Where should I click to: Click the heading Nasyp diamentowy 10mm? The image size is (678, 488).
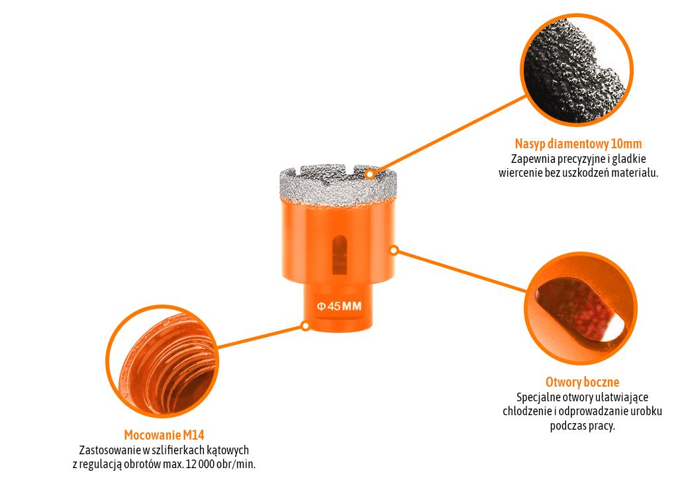578,144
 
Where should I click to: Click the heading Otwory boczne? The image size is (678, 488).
582,382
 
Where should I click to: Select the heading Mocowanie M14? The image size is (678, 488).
164,435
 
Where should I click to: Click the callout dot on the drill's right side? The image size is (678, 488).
394,250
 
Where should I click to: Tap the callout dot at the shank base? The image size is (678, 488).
305,326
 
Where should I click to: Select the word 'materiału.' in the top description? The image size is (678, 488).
632,173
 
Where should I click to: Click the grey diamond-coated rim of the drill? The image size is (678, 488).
338,185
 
